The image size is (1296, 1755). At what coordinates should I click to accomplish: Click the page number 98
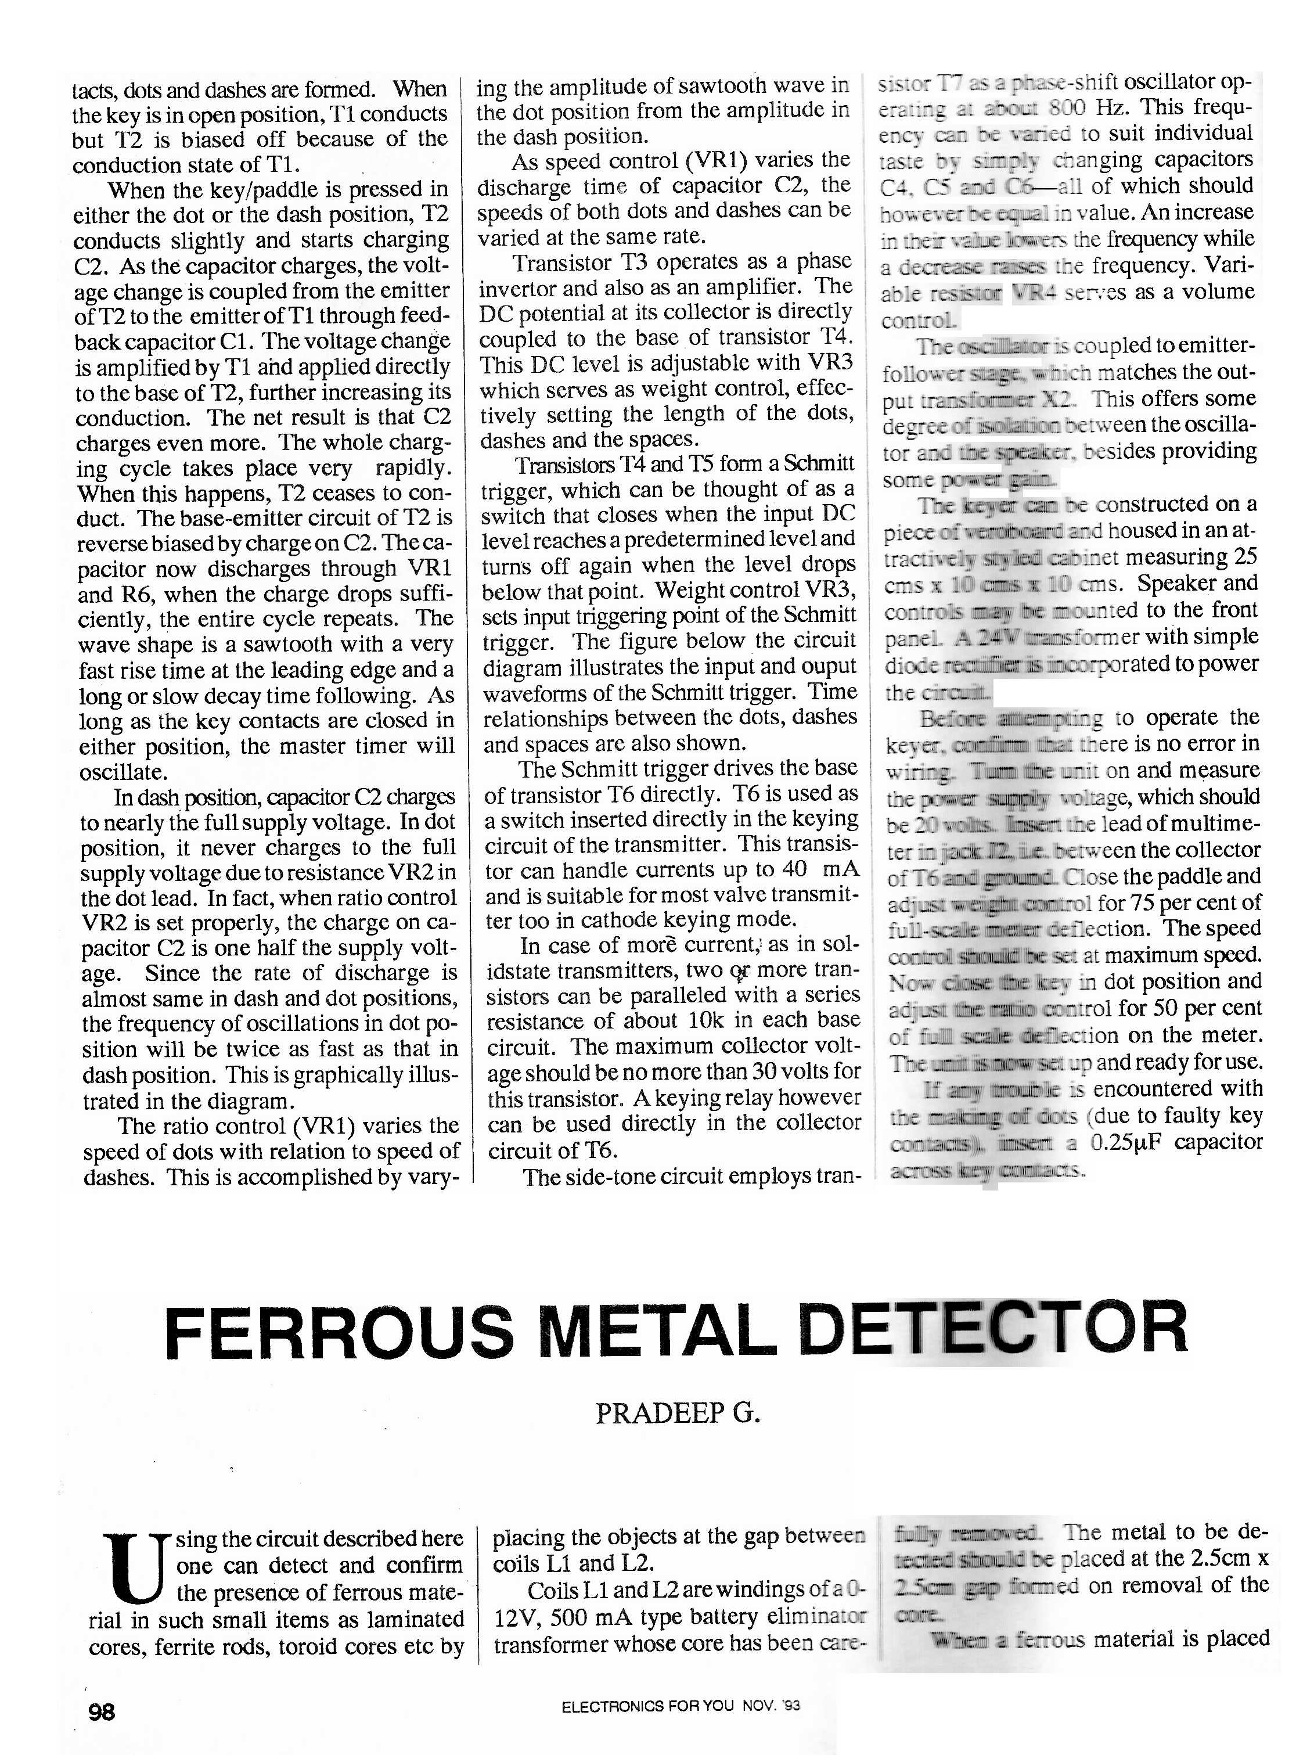tap(102, 1712)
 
